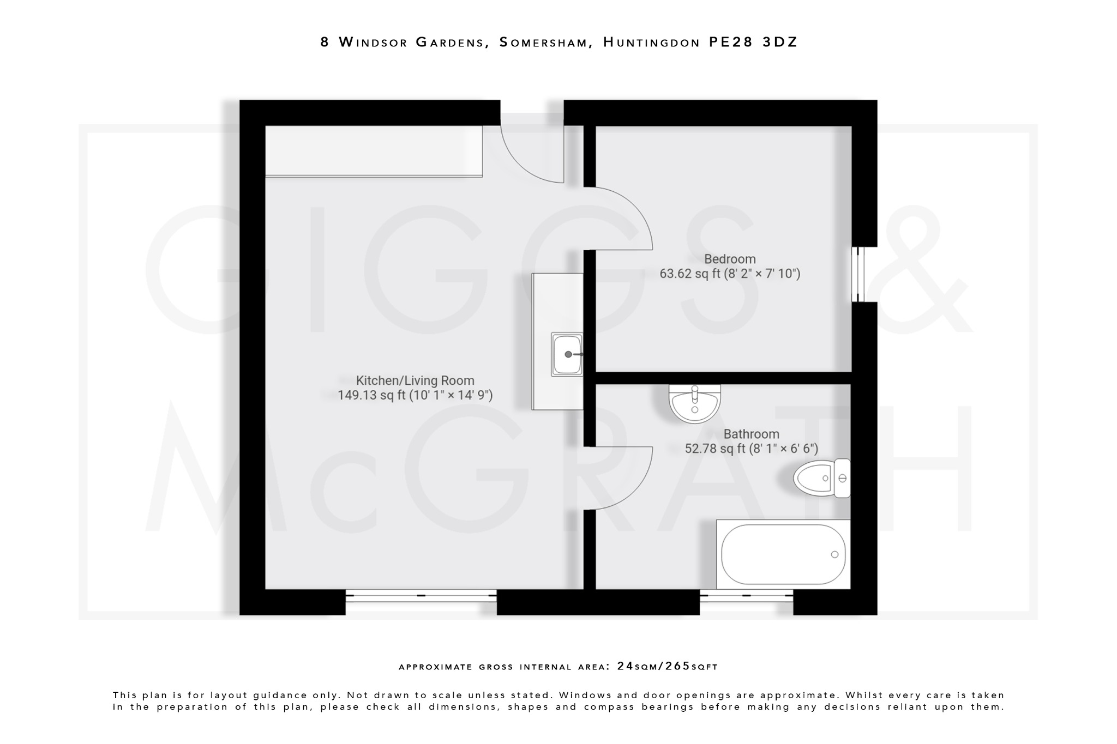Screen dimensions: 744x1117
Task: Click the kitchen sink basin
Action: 567,354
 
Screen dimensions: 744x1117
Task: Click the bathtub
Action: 783,554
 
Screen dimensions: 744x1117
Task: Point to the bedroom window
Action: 858,274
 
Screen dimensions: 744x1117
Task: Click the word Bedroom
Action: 730,259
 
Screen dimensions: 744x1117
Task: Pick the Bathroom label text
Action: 751,434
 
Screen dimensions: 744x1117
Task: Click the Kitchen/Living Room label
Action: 415,380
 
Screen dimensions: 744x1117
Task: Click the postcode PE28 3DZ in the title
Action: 753,42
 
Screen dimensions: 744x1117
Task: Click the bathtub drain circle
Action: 834,554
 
